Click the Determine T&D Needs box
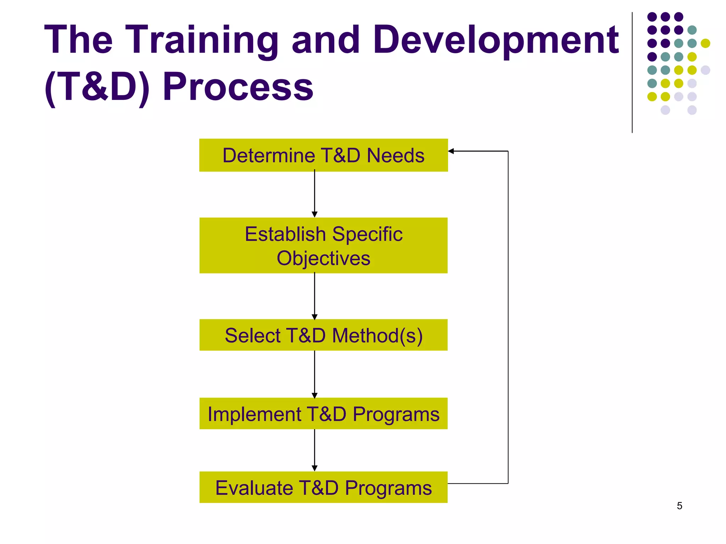coord(323,155)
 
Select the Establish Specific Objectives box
coord(323,245)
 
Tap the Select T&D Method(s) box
coord(323,335)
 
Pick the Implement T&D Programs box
coord(323,414)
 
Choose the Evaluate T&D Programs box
coord(323,487)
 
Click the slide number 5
coord(679,506)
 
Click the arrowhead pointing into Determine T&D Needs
coord(451,151)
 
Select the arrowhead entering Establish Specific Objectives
coord(314,214)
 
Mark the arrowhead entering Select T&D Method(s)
coord(314,317)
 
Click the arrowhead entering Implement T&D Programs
coord(314,395)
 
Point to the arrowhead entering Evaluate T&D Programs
coord(314,468)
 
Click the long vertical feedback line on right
coord(508,319)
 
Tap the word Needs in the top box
coord(395,155)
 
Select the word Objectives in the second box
coord(323,258)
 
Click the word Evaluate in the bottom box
coord(253,488)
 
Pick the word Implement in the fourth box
coord(254,414)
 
